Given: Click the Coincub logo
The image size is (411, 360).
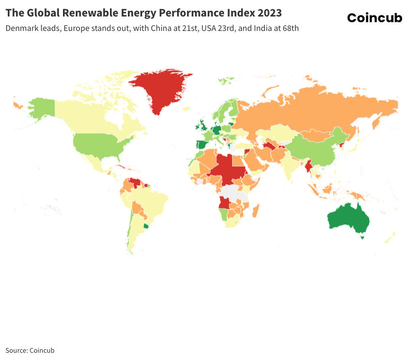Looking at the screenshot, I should [x=374, y=18].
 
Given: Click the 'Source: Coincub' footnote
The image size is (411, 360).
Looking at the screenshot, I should [x=30, y=350].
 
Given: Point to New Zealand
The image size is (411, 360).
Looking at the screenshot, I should [x=390, y=238].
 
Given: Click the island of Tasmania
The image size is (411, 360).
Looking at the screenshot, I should [x=362, y=237].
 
